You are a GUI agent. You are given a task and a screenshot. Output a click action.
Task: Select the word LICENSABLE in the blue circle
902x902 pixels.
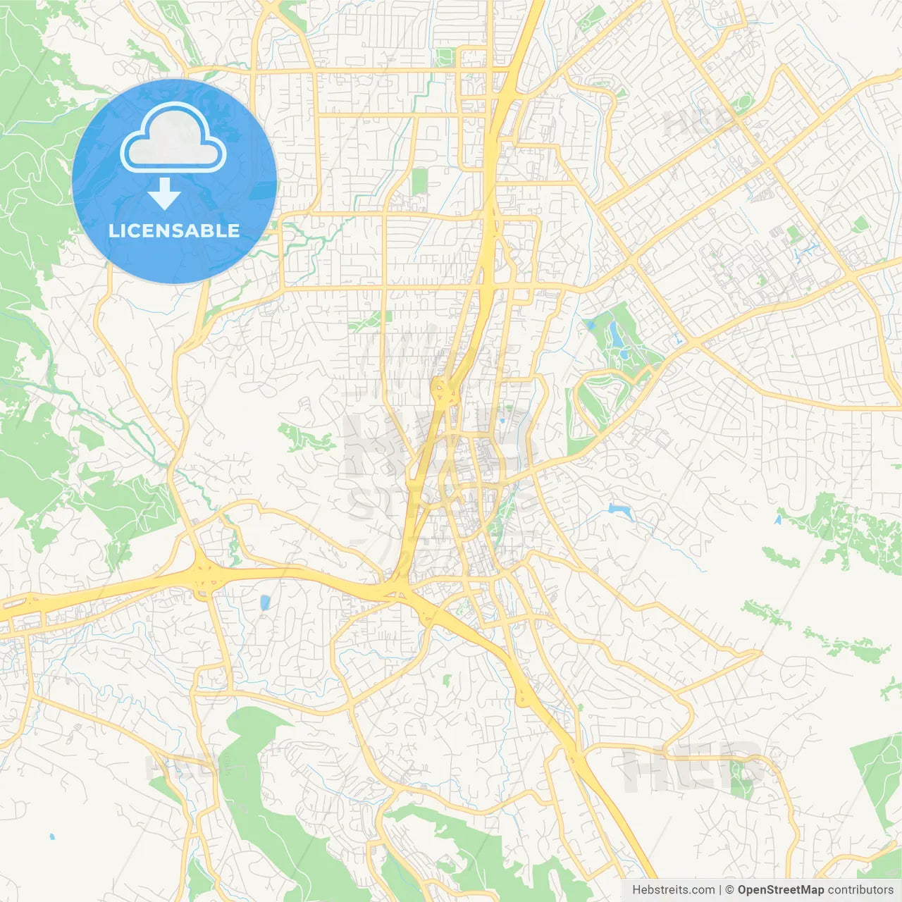click(174, 230)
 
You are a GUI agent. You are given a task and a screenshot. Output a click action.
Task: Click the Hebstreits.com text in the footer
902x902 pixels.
click(673, 890)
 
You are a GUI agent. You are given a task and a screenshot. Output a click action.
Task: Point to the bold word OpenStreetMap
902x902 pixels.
click(780, 890)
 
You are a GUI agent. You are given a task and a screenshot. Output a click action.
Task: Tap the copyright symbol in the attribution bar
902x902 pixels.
click(729, 890)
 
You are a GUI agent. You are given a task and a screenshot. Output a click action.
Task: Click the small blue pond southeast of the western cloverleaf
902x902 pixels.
click(265, 603)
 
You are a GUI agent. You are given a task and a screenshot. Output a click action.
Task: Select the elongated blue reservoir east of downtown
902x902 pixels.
click(621, 510)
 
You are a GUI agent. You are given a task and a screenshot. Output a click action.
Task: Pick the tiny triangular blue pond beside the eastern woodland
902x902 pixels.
click(778, 520)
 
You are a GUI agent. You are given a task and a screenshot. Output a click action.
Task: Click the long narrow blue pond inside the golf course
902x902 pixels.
click(617, 337)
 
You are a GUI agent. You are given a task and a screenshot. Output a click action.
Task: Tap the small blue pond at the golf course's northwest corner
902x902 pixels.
click(588, 325)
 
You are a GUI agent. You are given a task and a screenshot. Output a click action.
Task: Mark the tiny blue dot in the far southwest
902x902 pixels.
click(52, 837)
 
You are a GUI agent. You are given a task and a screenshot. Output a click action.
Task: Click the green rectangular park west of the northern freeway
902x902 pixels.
click(420, 180)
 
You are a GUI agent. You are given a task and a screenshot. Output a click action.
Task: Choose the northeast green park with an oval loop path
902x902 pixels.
click(743, 106)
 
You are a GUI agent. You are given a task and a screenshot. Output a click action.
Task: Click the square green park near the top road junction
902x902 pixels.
click(444, 57)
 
